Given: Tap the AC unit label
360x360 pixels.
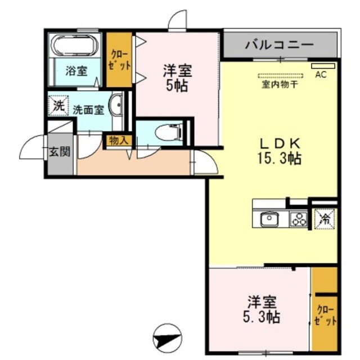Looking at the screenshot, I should click(321, 74).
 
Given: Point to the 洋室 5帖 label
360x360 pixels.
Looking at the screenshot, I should click(177, 78).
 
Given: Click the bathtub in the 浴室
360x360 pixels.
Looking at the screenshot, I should click(75, 44).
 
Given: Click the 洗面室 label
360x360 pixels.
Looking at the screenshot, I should click(88, 110).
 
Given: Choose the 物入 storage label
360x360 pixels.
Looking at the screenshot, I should click(119, 140).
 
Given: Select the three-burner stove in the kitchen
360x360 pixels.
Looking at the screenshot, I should click(298, 218).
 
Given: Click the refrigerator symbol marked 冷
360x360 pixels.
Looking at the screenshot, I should click(325, 219).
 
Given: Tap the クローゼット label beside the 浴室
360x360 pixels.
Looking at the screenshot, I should click(119, 59).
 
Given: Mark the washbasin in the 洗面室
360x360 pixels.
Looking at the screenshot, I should click(117, 105).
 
